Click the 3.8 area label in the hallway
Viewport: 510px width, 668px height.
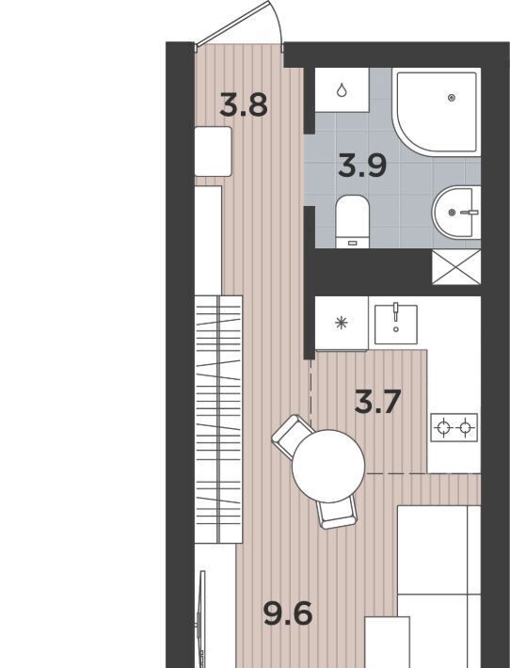pos(244,105)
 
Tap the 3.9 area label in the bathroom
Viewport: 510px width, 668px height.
pos(362,166)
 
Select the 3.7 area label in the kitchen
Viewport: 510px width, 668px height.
pos(378,403)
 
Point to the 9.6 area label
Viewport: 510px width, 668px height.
pos(288,613)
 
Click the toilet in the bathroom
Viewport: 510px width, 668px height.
pos(352,221)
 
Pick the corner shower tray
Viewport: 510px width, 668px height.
pos(437,113)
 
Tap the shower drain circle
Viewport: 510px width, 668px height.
pos(452,98)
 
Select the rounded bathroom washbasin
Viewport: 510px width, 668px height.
pos(456,212)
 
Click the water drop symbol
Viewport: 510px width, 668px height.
pos(342,90)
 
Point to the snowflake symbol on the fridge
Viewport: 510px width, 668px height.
pos(342,323)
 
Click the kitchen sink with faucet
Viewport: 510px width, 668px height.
pos(396,324)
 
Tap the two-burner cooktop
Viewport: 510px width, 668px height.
pos(454,427)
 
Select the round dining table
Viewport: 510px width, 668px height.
pos(328,466)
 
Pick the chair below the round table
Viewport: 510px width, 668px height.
pos(338,513)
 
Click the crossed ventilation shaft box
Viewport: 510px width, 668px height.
pos(456,267)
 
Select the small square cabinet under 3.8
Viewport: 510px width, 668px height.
pos(213,151)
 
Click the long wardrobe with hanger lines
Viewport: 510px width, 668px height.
pos(218,420)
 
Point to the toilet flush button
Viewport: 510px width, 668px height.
pos(352,243)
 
